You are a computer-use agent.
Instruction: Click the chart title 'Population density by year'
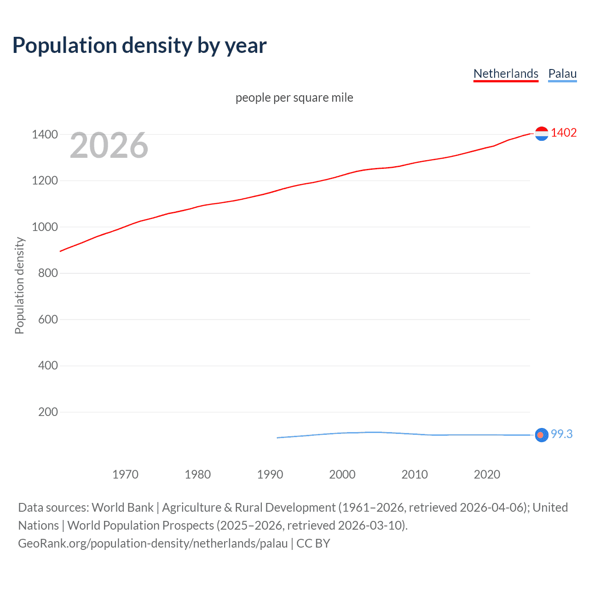point(139,46)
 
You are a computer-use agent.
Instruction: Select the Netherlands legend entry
point(506,74)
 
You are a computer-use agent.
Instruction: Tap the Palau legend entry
point(562,74)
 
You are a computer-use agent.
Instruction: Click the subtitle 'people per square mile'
point(294,98)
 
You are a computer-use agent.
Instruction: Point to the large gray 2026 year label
point(109,145)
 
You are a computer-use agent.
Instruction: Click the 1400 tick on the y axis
point(45,134)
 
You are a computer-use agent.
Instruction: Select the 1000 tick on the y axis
point(45,227)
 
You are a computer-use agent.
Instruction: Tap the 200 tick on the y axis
point(48,412)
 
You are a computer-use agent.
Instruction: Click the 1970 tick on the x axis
point(125,474)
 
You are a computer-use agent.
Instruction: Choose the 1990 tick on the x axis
point(270,474)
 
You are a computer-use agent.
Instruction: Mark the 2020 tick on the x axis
point(487,474)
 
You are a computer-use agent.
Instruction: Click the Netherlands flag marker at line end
point(542,133)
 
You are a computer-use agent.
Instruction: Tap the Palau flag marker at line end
point(542,435)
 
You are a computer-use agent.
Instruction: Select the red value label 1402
point(564,133)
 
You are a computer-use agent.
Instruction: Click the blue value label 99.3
point(562,434)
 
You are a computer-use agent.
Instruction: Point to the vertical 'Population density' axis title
point(19,285)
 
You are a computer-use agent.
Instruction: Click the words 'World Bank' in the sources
point(122,508)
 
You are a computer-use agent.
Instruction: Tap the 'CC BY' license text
point(313,543)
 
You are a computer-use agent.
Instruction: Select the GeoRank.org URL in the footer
point(153,543)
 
